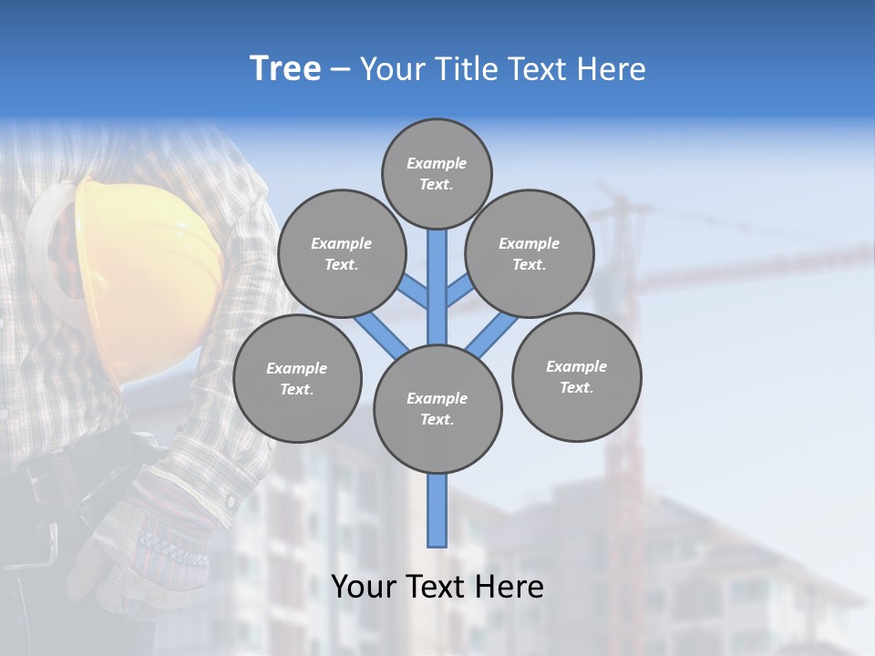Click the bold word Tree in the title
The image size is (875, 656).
pyautogui.click(x=285, y=68)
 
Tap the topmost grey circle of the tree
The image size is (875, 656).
pyautogui.click(x=437, y=173)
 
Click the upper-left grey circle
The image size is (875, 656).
pyautogui.click(x=341, y=253)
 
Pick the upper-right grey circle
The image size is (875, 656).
pyautogui.click(x=530, y=253)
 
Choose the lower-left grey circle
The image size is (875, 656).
pyautogui.click(x=297, y=378)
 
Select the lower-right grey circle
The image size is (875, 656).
pyautogui.click(x=576, y=376)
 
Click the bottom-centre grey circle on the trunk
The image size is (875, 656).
pyautogui.click(x=437, y=408)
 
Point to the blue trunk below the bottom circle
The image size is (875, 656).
pyautogui.click(x=437, y=510)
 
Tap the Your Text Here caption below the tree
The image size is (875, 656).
pyautogui.click(x=437, y=587)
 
